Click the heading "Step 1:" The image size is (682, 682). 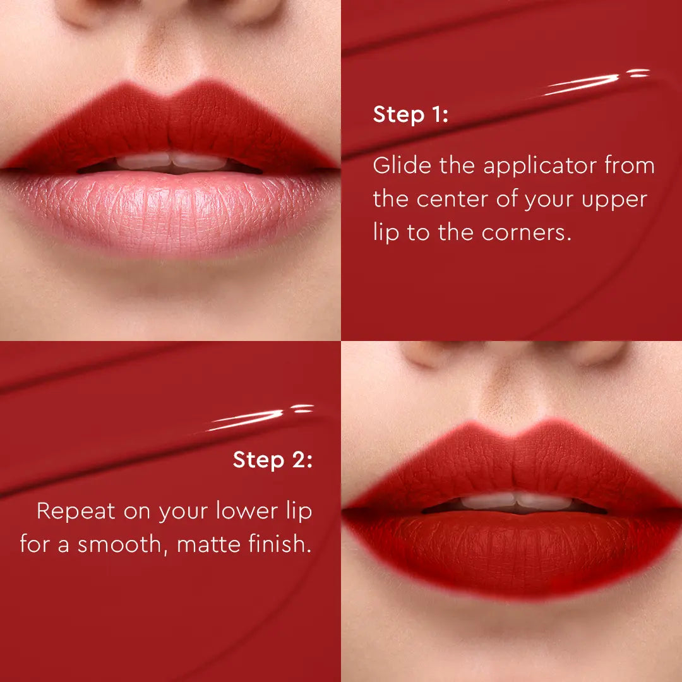pyautogui.click(x=410, y=116)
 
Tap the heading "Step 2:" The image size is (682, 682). pyautogui.click(x=272, y=460)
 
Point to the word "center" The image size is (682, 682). pyautogui.click(x=453, y=200)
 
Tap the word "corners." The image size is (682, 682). pyautogui.click(x=526, y=232)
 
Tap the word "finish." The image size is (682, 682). pyautogui.click(x=277, y=544)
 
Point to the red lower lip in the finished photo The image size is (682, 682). pyautogui.click(x=512, y=549)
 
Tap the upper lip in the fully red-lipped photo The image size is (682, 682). pyautogui.click(x=512, y=464)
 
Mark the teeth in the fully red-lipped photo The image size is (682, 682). pyautogui.click(x=515, y=502)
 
